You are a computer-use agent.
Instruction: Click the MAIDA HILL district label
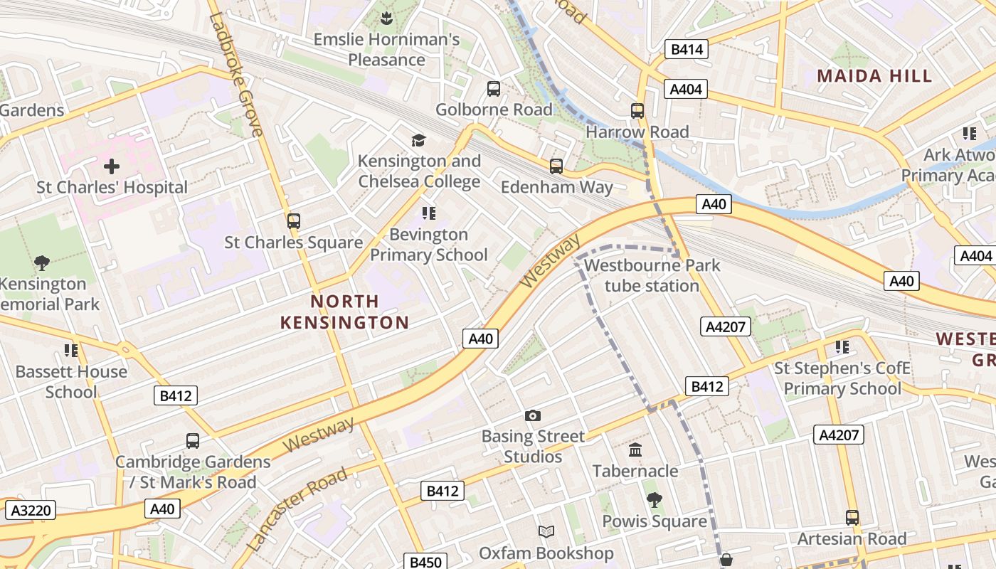tap(874, 76)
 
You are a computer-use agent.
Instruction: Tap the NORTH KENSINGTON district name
tap(344, 312)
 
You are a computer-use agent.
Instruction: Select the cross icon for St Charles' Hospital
tap(112, 167)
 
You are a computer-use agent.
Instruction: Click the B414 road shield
tap(687, 49)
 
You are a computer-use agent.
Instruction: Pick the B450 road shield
tap(425, 562)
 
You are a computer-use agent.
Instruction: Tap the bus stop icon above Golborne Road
tap(493, 89)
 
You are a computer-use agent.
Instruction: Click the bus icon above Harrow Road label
tap(637, 111)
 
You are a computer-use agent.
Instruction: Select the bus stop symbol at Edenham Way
tap(556, 166)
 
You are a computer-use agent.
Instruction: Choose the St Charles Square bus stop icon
tap(294, 221)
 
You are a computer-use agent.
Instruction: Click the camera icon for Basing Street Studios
tap(532, 415)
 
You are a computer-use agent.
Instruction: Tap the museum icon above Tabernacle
tap(635, 450)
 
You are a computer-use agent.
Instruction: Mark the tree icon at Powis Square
tap(654, 500)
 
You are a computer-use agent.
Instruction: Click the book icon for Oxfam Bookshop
tap(546, 532)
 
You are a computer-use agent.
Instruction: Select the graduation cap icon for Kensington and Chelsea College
tap(418, 140)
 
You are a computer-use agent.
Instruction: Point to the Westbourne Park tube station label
tap(652, 275)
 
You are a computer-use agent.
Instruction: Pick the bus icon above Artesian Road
tap(852, 517)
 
